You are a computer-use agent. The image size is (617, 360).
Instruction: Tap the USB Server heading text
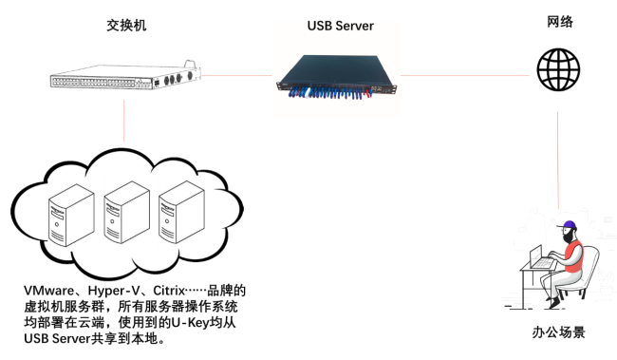pyautogui.click(x=341, y=26)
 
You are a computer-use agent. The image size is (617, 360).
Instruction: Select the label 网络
pyautogui.click(x=560, y=22)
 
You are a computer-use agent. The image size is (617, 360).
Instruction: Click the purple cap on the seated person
pyautogui.click(x=569, y=227)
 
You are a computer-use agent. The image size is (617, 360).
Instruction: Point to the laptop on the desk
pyautogui.click(x=542, y=256)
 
